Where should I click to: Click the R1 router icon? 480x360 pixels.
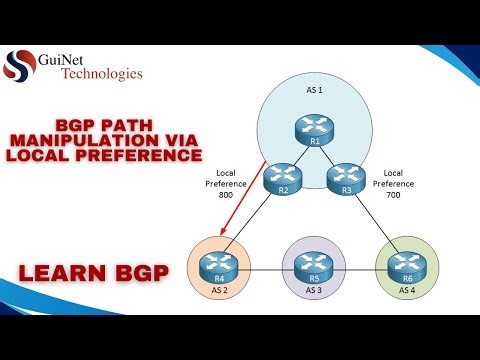click(314, 127)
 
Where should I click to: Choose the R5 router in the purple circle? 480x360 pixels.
click(313, 268)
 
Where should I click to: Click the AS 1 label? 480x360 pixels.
click(314, 91)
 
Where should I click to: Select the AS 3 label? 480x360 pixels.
click(313, 289)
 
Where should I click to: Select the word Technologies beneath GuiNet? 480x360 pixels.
click(102, 73)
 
